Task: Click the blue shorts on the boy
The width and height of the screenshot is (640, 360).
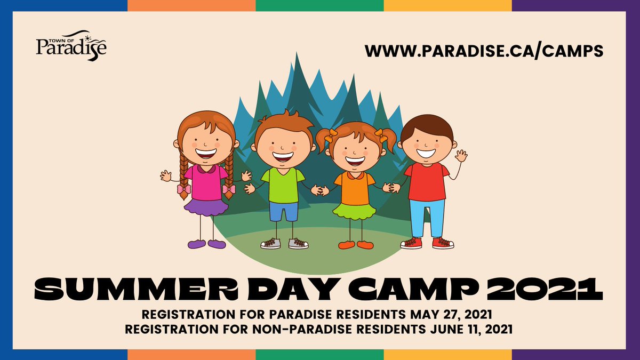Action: coord(283,211)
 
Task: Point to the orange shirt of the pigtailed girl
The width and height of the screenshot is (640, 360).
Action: coord(355,188)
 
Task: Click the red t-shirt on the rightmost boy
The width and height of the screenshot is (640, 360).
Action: coord(427,181)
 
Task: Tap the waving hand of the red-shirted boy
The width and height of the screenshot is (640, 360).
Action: coord(461,156)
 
